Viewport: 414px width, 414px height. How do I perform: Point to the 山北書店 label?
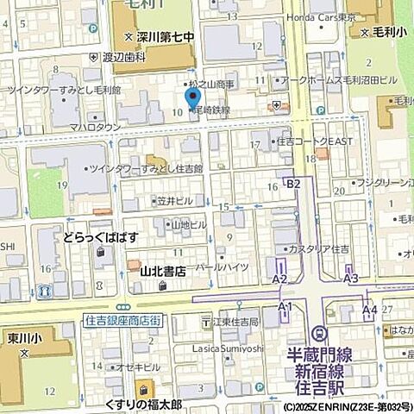165,271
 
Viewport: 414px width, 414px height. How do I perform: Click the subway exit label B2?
294,184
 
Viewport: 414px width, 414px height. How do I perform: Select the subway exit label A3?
351,279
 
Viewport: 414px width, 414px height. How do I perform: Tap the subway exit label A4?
369,308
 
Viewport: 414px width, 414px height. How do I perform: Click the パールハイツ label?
223,267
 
